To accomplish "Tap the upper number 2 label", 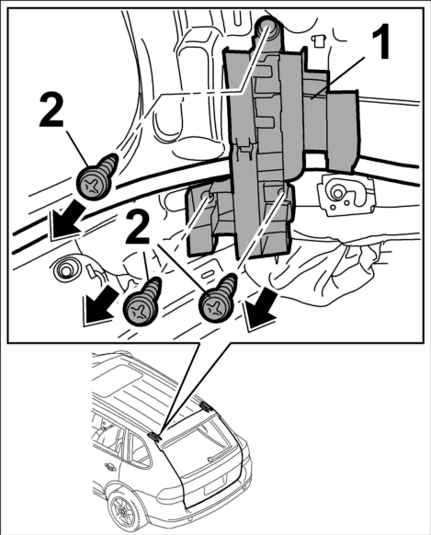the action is (51, 110).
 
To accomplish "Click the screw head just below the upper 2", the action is (94, 182).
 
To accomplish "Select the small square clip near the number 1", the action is (318, 40).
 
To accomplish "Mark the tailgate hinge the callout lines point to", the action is (154, 436).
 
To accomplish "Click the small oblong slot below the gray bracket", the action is (206, 275).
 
